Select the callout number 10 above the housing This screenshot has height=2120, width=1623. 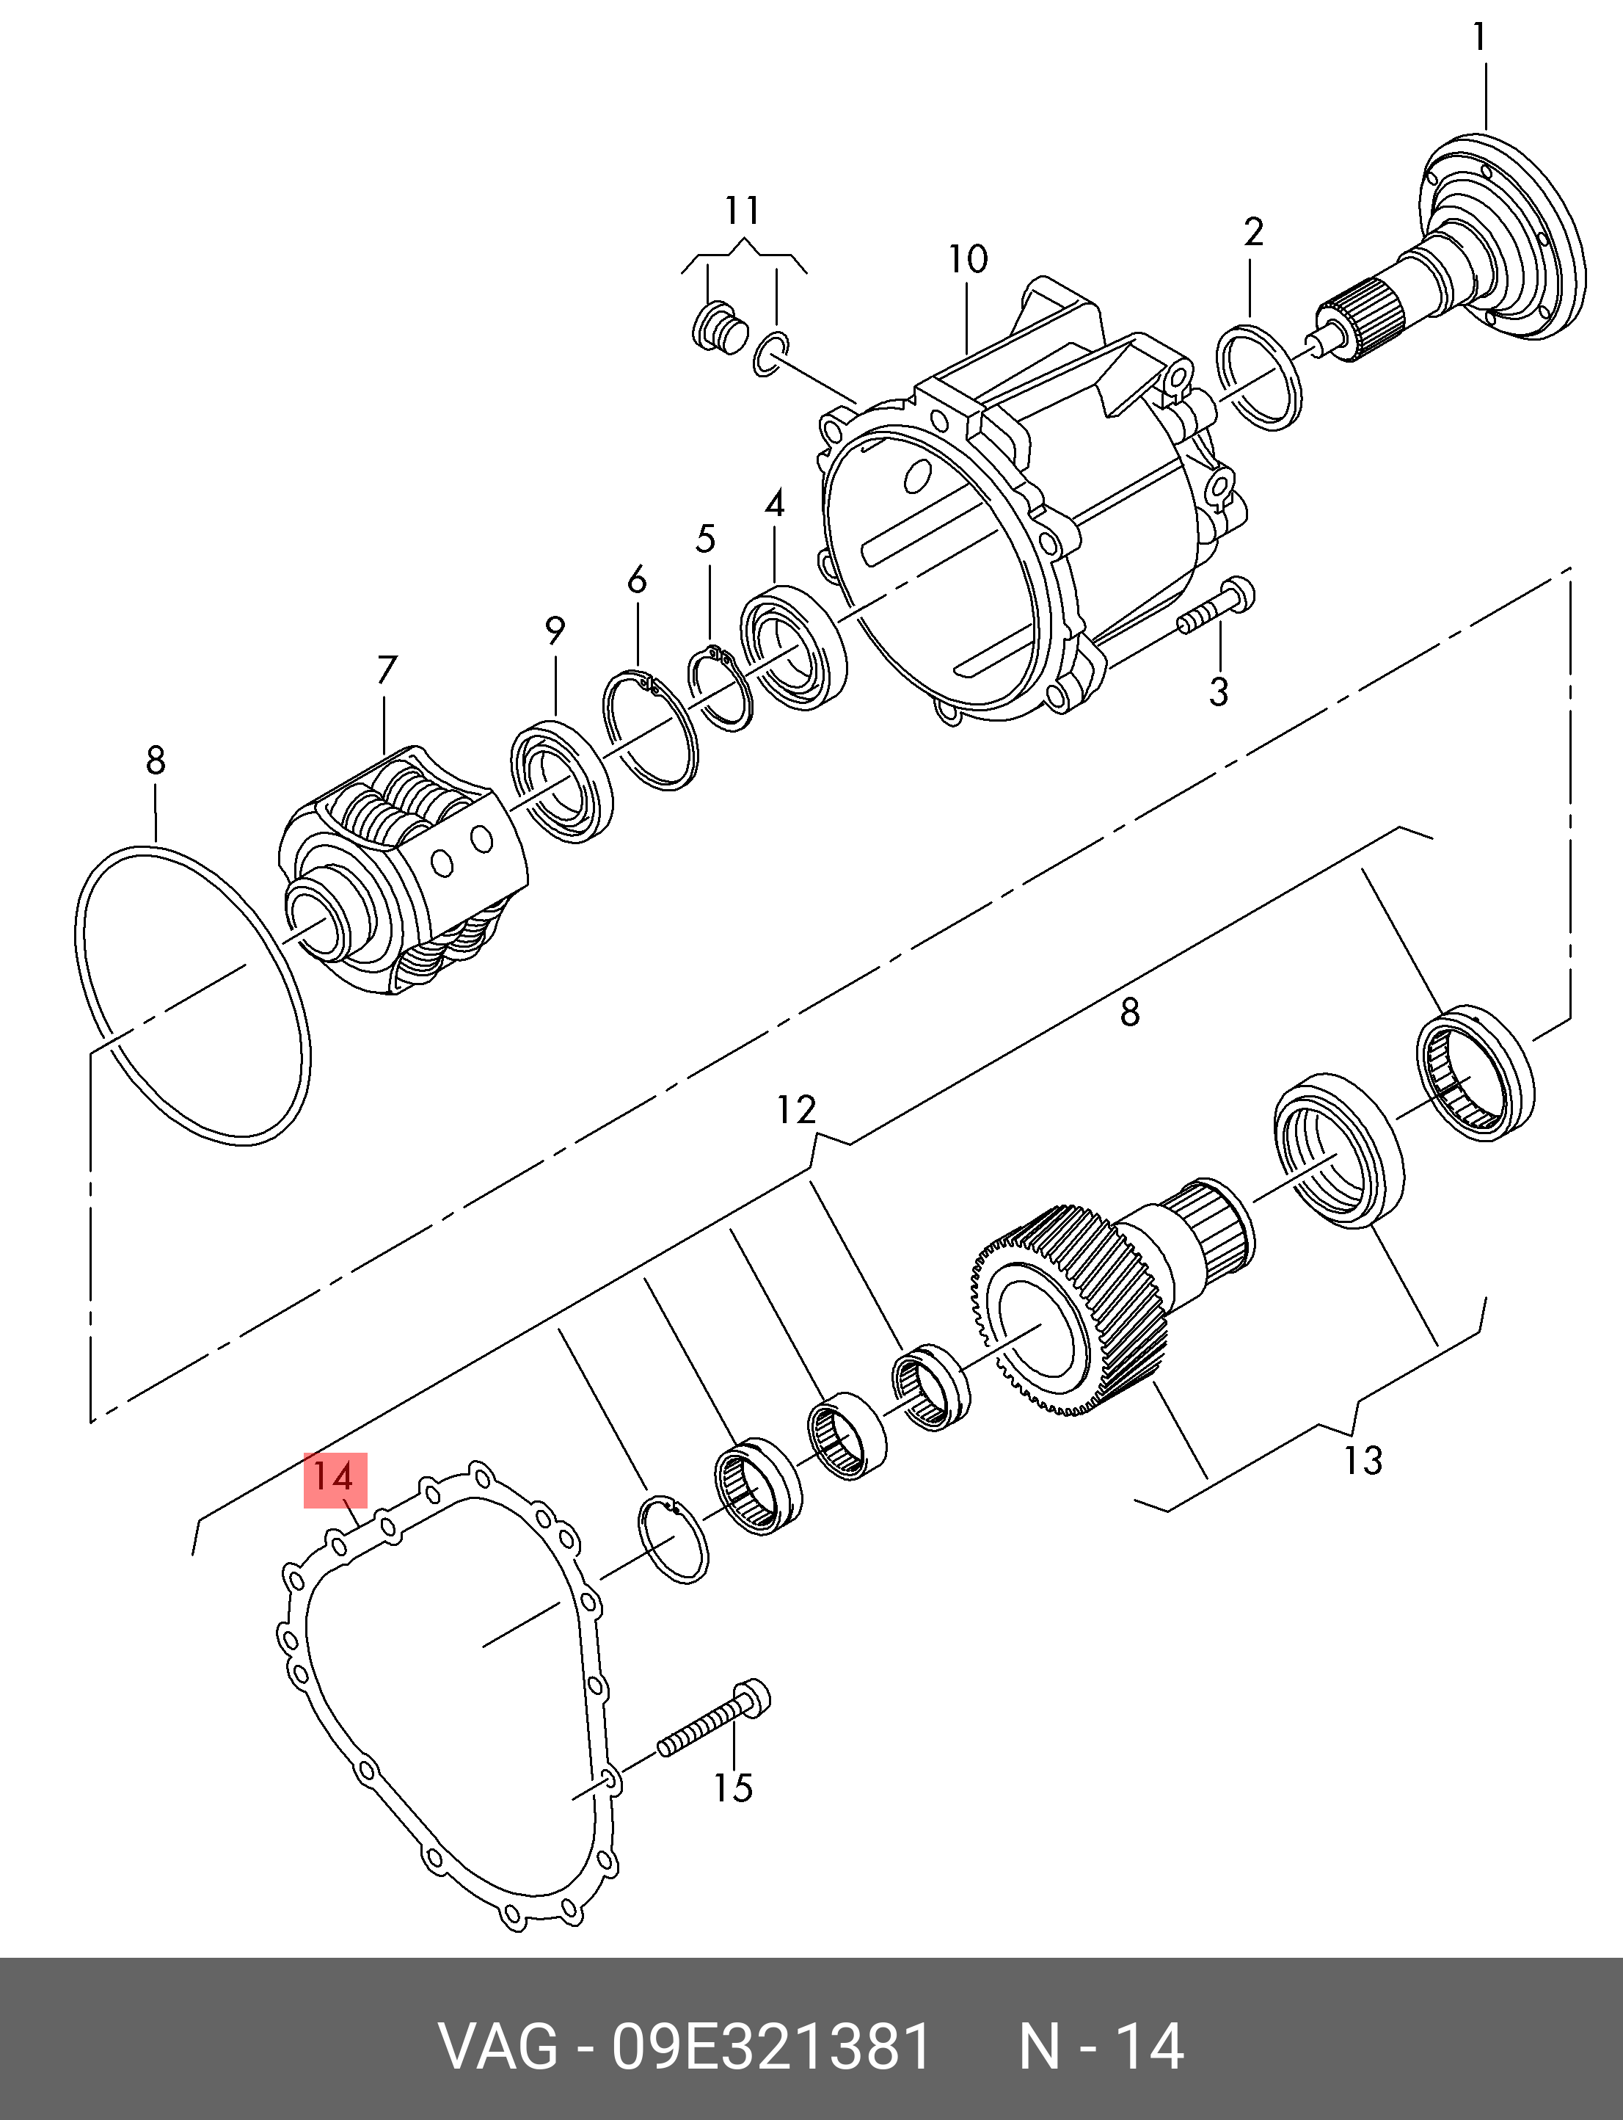tap(967, 259)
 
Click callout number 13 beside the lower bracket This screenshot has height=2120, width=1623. tap(1362, 1460)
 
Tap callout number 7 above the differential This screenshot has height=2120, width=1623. tap(387, 669)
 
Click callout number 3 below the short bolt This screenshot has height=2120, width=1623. tap(1218, 691)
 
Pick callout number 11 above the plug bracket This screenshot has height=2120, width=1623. tap(742, 210)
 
